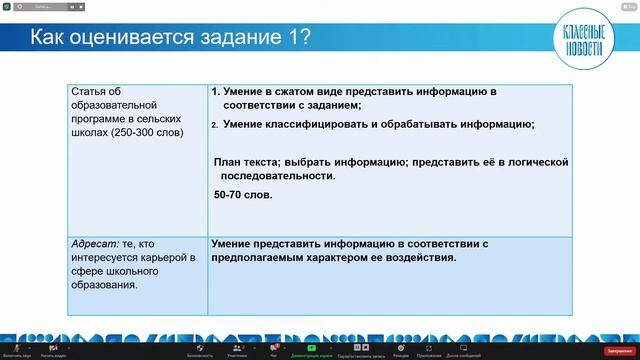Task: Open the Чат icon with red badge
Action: point(272,347)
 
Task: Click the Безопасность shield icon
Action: point(199,347)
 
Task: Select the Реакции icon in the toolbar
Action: point(400,347)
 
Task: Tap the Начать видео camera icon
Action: point(53,347)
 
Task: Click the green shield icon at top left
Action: point(7,6)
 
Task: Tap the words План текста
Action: point(247,162)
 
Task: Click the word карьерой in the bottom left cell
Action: point(143,256)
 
